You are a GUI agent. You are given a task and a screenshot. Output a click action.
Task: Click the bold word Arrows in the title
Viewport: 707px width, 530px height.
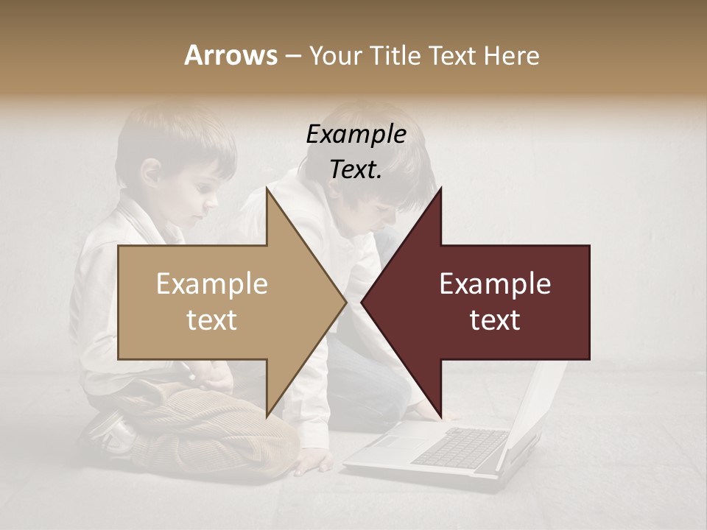pos(231,55)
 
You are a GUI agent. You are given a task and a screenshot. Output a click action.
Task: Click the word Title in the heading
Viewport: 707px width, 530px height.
pos(394,55)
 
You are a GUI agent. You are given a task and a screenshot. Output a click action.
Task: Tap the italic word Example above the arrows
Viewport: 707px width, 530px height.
pos(356,135)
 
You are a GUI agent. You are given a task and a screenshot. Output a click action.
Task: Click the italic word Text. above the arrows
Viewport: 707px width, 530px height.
pos(356,170)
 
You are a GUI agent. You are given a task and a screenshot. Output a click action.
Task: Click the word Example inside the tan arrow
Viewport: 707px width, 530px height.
pos(212,284)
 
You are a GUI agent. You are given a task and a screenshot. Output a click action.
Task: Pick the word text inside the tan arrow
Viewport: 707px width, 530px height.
pos(212,320)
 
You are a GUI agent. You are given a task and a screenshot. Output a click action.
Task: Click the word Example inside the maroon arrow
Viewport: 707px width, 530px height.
pos(495,284)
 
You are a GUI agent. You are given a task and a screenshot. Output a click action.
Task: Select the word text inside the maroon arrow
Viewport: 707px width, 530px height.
pos(495,320)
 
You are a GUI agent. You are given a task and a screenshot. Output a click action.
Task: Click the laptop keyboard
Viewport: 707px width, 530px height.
pos(460,446)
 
